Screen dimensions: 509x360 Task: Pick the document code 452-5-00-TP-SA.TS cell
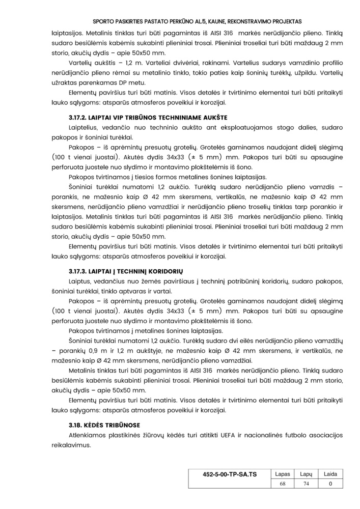229,474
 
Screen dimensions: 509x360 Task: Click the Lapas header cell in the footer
282,474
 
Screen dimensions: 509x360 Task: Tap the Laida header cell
330,474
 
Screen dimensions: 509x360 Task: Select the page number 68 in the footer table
282,484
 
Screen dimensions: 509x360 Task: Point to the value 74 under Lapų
306,484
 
